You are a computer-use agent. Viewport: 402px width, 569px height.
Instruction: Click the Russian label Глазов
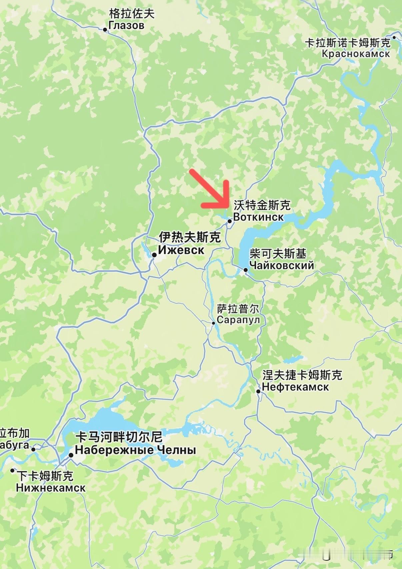[126, 25]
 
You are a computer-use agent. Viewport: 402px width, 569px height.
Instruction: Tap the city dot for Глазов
[105, 30]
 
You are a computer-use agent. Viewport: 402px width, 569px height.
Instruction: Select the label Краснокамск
[356, 54]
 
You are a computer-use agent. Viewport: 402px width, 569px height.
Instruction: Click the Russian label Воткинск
[258, 217]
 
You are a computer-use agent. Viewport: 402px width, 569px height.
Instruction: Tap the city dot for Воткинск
[230, 221]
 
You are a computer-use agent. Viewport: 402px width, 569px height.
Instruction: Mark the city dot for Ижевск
[154, 255]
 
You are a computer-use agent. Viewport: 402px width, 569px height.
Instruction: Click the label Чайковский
[282, 266]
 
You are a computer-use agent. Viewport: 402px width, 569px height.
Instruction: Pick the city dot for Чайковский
[246, 270]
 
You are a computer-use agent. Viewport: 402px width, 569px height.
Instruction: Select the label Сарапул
[238, 320]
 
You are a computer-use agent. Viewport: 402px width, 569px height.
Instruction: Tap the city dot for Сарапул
[214, 323]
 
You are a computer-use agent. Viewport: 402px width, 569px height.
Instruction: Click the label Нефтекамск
[295, 387]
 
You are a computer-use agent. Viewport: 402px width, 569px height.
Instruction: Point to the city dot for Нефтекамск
[258, 391]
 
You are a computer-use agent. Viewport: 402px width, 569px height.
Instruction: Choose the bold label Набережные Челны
[135, 450]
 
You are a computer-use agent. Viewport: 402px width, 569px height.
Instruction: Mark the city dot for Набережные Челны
[71, 455]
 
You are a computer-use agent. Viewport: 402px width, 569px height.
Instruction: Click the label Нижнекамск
[51, 488]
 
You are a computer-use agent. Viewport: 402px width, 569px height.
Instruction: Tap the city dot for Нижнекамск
[12, 471]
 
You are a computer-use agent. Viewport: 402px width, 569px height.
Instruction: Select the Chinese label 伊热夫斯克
[190, 237]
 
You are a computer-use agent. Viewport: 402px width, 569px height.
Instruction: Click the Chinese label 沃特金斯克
[262, 205]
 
